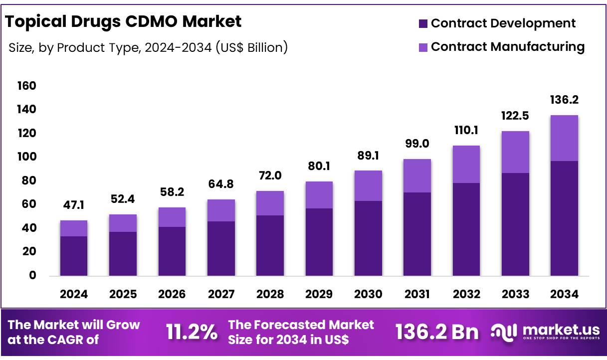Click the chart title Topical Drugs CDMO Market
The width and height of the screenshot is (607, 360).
coord(123,21)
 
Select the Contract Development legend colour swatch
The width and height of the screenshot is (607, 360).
coord(423,23)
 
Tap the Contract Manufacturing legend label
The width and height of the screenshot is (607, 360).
coord(507,47)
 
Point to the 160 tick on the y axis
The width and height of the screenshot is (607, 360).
coord(26,86)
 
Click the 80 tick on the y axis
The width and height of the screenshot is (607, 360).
coord(28,180)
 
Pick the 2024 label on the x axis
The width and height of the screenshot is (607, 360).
coord(74,294)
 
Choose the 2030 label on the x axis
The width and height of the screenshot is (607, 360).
coord(368,294)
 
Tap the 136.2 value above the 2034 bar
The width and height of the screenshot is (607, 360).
coord(564,100)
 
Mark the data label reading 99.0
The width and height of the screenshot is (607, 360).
coord(417,144)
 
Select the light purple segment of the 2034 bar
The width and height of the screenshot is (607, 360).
coord(564,138)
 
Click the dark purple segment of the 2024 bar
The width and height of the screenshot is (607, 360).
coord(74,256)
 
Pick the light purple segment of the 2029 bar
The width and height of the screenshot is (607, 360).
coord(319,195)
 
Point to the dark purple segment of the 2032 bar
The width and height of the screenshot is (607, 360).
coord(466,229)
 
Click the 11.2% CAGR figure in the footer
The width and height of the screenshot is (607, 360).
coord(192,332)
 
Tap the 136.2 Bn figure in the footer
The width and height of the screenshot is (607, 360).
coord(437,332)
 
